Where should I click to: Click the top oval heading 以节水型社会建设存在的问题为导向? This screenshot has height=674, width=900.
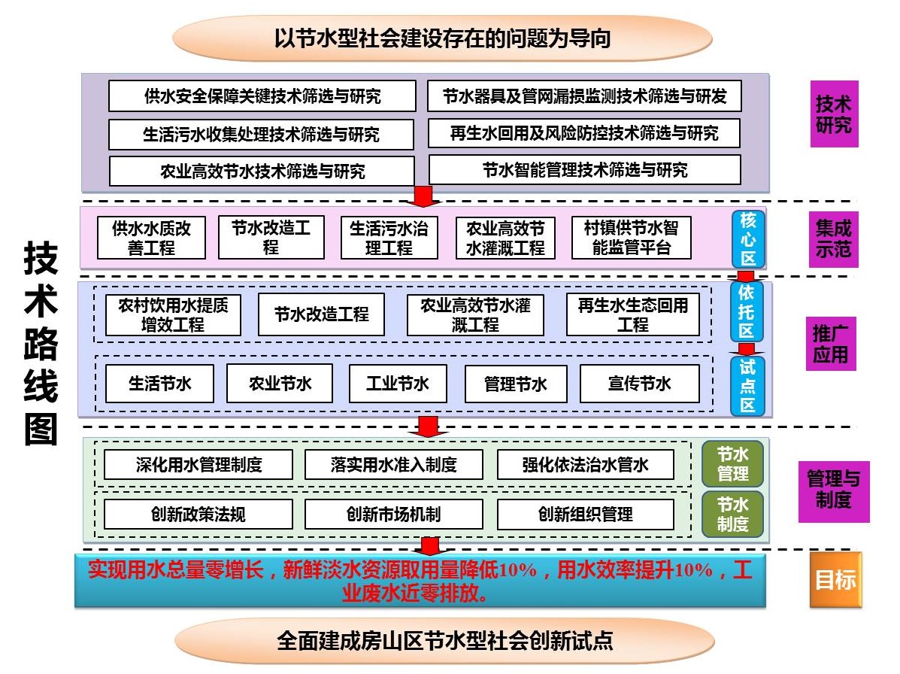pyautogui.click(x=442, y=38)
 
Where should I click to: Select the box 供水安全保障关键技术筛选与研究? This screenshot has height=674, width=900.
pyautogui.click(x=262, y=96)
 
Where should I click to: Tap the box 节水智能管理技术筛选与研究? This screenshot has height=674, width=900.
pyautogui.click(x=584, y=170)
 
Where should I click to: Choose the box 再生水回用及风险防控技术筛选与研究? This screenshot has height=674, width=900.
pyautogui.click(x=584, y=134)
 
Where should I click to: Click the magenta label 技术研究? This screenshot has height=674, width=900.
pyautogui.click(x=833, y=114)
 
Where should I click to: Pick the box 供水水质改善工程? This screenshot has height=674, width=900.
pyautogui.click(x=152, y=238)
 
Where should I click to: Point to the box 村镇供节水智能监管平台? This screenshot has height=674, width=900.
pyautogui.click(x=631, y=238)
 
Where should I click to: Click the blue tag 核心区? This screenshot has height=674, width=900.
pyautogui.click(x=748, y=239)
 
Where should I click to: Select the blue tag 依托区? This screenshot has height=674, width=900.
pyautogui.click(x=747, y=311)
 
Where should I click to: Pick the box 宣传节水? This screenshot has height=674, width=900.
pyautogui.click(x=639, y=384)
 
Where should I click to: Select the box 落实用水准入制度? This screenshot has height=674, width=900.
pyautogui.click(x=393, y=465)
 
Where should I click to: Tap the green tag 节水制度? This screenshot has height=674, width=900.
pyautogui.click(x=732, y=513)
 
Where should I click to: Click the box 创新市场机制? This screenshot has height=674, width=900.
pyautogui.click(x=393, y=515)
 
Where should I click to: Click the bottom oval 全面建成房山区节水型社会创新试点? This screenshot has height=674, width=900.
pyautogui.click(x=444, y=641)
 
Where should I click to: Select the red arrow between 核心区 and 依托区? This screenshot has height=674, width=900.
pyautogui.click(x=746, y=276)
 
